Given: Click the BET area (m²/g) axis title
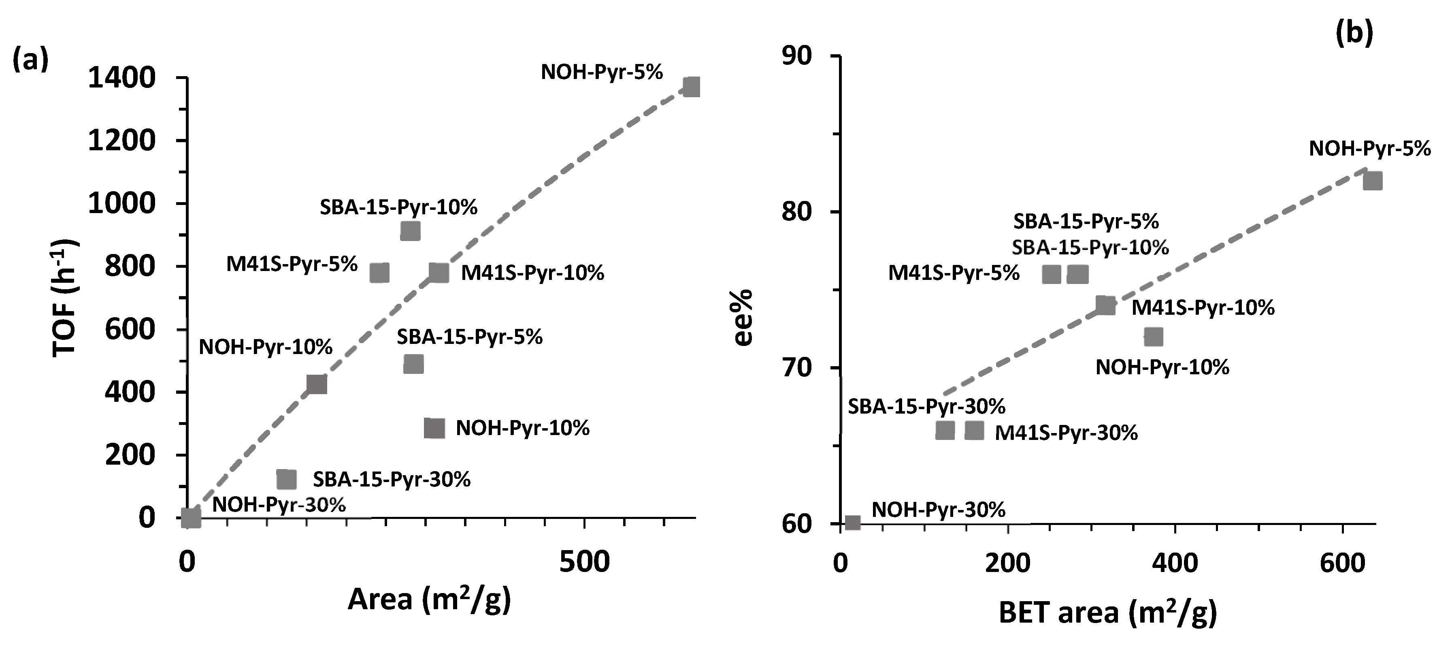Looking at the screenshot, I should [1107, 613].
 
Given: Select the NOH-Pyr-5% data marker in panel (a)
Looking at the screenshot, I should [692, 87].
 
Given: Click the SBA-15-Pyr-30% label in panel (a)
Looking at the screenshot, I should [392, 479].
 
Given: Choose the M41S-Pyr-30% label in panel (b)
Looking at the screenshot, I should [1066, 433].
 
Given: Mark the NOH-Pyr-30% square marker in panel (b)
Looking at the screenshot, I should [853, 523].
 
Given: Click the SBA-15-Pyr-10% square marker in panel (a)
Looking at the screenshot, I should [410, 230].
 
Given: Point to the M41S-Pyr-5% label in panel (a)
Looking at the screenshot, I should [292, 264].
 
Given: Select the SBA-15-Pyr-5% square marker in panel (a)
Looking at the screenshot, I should [413, 364].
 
